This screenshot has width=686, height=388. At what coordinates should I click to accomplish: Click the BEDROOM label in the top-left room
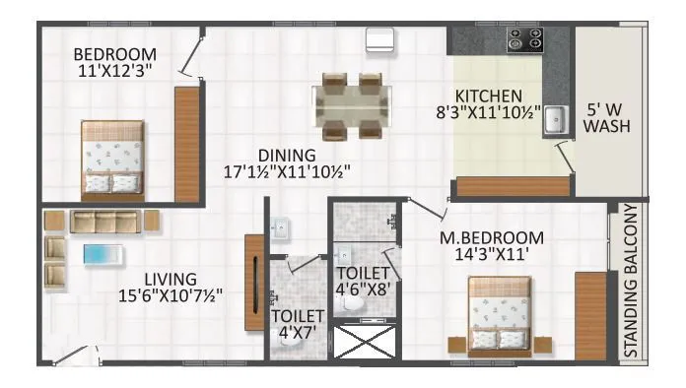[115, 53]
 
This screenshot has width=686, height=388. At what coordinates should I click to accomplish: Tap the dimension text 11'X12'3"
[115, 71]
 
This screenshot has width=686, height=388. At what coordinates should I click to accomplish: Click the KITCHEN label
[488, 96]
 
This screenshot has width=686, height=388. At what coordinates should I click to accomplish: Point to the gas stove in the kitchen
[524, 40]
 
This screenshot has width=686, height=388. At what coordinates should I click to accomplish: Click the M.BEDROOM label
[492, 237]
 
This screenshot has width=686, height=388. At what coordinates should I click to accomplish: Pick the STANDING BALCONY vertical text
[632, 280]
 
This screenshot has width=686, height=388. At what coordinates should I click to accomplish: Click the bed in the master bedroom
[499, 312]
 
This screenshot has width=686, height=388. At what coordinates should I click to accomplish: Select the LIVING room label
[170, 279]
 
